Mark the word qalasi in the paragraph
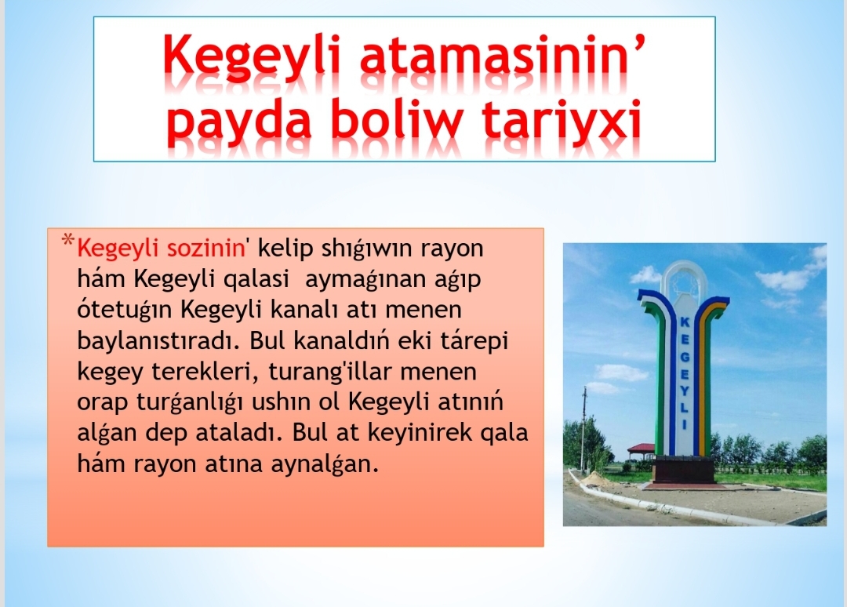click(256, 278)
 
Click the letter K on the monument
click(684, 321)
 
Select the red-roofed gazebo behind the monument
click(641, 450)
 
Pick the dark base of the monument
click(684, 470)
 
